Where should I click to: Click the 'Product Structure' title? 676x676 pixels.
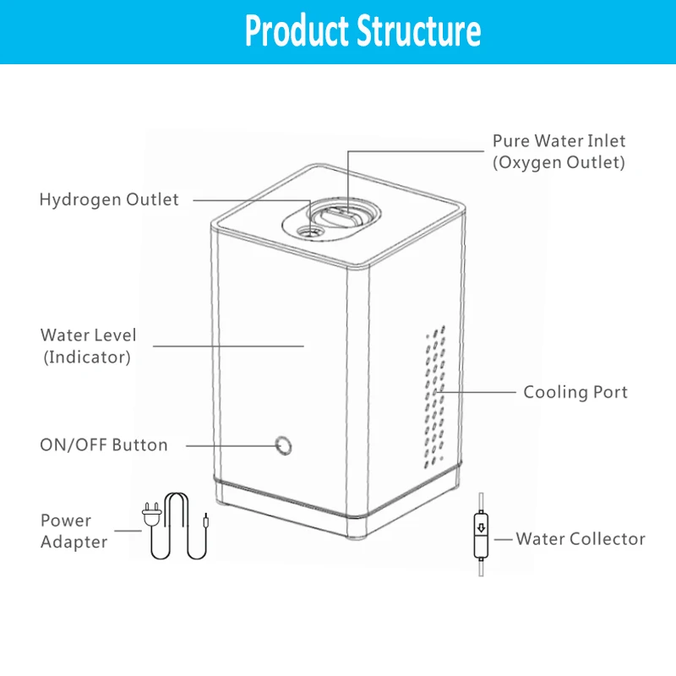363,31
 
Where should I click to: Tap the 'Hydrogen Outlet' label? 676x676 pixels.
109,200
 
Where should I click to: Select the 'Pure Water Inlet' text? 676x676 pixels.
559,140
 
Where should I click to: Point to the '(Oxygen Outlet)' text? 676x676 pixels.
559,162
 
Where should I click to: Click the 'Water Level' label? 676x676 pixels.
88,335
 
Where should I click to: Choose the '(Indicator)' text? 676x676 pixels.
87,357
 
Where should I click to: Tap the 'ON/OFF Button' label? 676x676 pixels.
104,444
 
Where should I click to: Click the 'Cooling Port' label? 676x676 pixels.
575,392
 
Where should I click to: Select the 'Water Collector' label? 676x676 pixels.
581,538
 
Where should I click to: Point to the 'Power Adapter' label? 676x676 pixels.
74,531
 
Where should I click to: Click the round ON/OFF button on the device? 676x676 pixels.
284,444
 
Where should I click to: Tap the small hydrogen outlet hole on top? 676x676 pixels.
311,230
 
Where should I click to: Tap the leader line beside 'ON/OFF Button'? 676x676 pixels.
228,444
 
